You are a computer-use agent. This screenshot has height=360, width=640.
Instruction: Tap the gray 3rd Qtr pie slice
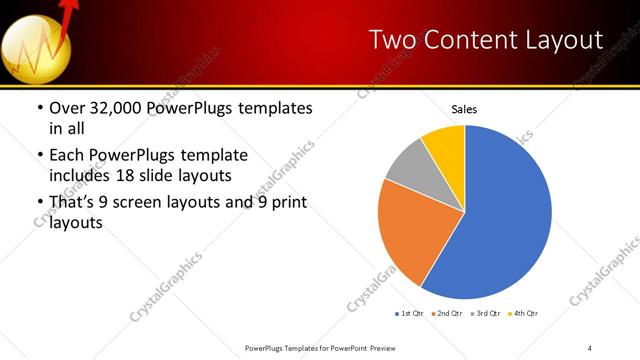point(408,165)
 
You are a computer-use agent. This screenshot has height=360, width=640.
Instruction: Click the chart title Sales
point(464,108)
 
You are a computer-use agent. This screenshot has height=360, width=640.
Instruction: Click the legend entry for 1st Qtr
point(409,314)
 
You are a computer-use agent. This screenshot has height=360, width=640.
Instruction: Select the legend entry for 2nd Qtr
point(445,314)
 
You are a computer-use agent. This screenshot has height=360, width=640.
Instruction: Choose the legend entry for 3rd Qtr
point(482,314)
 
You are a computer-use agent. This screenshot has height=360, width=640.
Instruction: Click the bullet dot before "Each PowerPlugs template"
point(39,156)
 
